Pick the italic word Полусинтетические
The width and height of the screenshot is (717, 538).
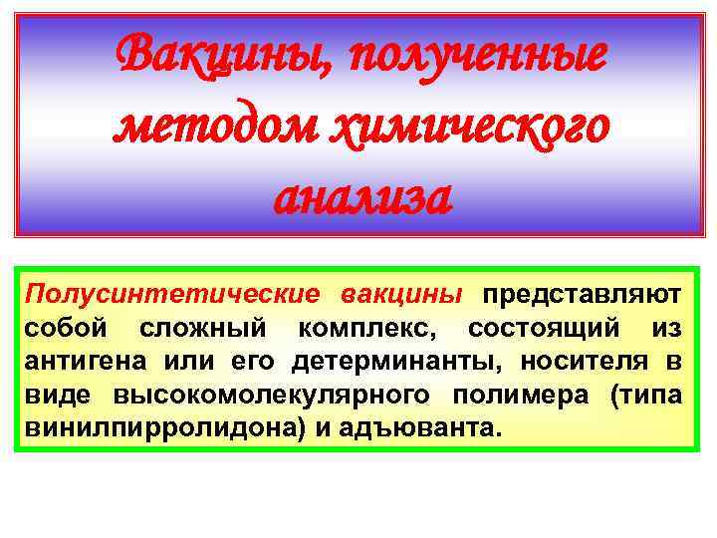(173, 295)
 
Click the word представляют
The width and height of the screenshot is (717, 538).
(582, 295)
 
